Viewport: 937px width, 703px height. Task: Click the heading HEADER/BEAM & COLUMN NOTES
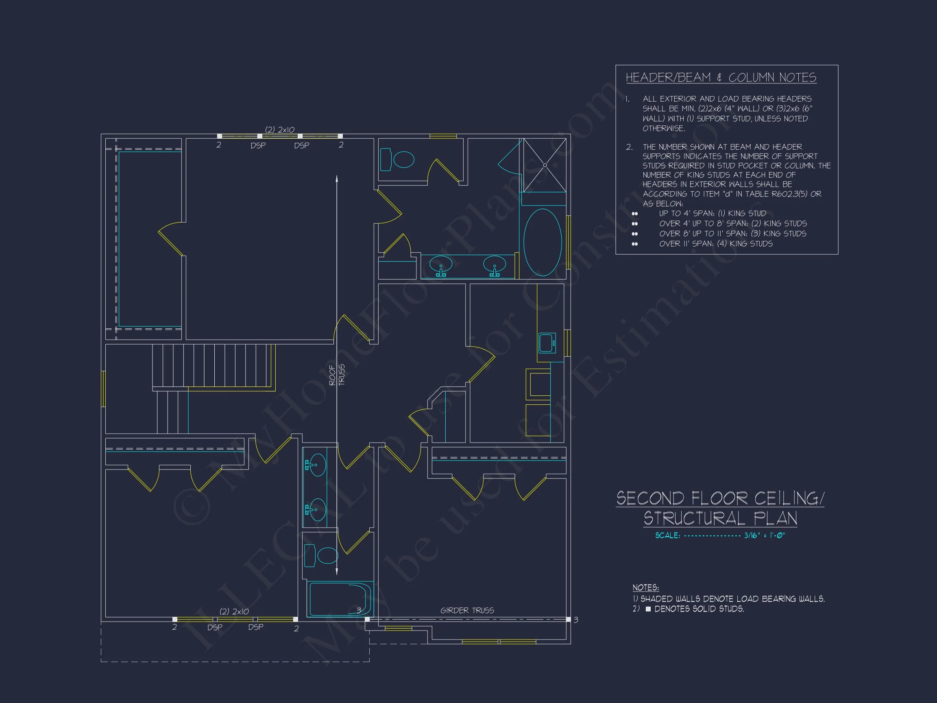[721, 78]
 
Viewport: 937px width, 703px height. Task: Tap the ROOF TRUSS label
[337, 375]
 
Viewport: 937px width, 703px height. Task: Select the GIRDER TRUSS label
[467, 610]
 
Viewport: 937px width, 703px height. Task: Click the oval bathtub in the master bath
[543, 242]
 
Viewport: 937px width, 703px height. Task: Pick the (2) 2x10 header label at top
[279, 130]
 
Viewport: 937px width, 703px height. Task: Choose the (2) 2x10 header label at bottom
[234, 611]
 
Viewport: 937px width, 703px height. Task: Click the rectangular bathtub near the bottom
[340, 599]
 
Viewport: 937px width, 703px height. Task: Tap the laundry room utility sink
[547, 343]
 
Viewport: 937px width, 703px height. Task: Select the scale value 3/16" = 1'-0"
[765, 535]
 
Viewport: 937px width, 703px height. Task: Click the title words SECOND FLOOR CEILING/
[720, 498]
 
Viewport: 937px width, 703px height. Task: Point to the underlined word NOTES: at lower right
[645, 588]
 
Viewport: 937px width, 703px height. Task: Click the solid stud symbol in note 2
[648, 609]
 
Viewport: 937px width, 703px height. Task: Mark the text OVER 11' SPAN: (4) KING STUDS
[715, 244]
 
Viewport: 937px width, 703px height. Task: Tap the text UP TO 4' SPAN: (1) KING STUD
[713, 214]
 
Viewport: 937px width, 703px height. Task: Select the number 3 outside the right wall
[576, 620]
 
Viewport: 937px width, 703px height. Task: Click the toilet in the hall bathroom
[321, 555]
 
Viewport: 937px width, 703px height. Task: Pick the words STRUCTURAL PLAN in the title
[720, 518]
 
